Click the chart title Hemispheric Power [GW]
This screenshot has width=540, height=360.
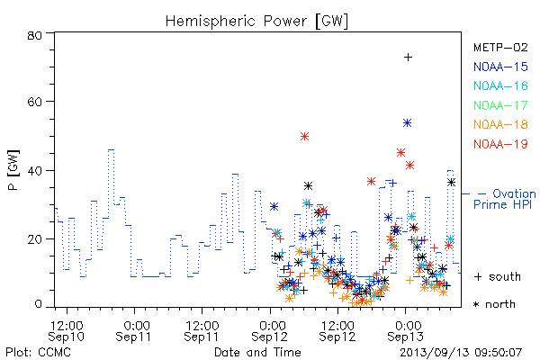[256, 22]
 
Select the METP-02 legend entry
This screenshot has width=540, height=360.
[500, 48]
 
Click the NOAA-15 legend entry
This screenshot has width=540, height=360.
[500, 67]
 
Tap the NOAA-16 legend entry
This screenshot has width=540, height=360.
[500, 85]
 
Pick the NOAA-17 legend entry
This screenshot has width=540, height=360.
[500, 105]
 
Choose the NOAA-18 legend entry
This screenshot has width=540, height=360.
[500, 124]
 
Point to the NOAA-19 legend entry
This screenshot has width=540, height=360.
[500, 144]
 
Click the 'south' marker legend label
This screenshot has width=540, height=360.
[498, 276]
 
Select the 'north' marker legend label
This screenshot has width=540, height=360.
[495, 304]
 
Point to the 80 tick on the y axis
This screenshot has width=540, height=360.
[34, 35]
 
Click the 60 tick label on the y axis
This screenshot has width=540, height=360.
[34, 102]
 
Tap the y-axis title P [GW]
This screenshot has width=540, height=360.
[13, 170]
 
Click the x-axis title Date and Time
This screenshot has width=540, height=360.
[257, 352]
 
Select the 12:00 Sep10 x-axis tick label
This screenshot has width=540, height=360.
[67, 330]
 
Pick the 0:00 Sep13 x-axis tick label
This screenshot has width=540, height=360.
[405, 330]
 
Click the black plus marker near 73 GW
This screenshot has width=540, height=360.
[408, 58]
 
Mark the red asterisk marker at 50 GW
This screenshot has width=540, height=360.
[304, 137]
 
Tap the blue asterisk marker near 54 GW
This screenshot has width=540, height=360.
[408, 123]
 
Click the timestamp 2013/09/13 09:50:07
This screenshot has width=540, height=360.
[461, 353]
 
